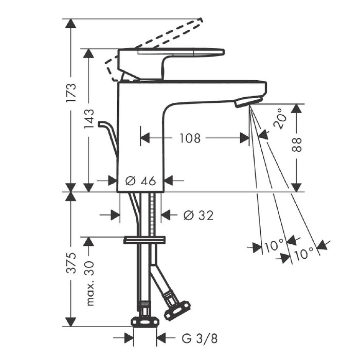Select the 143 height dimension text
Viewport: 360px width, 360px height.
pyautogui.click(x=89, y=119)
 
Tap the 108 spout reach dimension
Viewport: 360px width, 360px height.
pyautogui.click(x=190, y=138)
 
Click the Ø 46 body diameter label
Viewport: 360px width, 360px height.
pyautogui.click(x=141, y=181)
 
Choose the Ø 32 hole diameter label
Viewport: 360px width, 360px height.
pyautogui.click(x=199, y=215)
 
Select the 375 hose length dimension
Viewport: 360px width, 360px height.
pyautogui.click(x=71, y=263)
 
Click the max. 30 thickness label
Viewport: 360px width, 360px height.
pyautogui.click(x=90, y=283)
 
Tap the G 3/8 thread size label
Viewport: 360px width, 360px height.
pyautogui.click(x=200, y=338)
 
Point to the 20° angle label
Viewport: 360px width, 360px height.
pyautogui.click(x=280, y=118)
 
